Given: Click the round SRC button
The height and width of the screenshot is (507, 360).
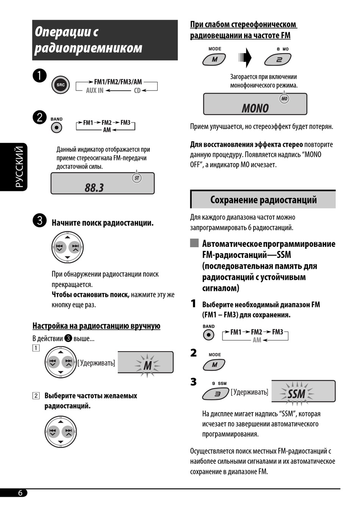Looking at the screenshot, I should (x=61, y=85).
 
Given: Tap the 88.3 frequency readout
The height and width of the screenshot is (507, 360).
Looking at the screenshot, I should (x=94, y=188).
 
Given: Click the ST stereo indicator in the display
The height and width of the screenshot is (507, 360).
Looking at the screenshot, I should (x=137, y=178).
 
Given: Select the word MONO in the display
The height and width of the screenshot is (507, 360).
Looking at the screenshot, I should (x=255, y=108).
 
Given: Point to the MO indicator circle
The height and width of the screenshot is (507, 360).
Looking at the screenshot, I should (x=284, y=99).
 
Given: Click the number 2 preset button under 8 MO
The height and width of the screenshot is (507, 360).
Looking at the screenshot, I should (x=278, y=60).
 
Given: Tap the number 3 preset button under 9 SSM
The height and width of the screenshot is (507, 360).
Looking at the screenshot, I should (x=216, y=394).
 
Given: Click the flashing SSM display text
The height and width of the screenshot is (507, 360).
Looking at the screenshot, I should (x=296, y=394).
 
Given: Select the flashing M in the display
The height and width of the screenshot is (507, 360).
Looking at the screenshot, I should (x=147, y=365).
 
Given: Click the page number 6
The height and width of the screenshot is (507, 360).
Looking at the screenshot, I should (x=20, y=493).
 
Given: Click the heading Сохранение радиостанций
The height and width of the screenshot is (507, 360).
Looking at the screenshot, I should (x=263, y=200).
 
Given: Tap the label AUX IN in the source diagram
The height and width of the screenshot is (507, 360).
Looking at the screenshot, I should (x=95, y=91).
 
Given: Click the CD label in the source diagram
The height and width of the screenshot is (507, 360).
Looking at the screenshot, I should (x=137, y=91).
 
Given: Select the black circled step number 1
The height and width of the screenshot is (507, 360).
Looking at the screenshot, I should (x=39, y=75).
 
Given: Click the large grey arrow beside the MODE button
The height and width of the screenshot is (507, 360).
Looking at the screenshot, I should (x=246, y=58).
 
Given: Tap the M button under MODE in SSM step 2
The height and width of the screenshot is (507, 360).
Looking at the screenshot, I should (x=214, y=365).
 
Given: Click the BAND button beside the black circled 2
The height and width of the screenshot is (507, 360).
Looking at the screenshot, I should (x=56, y=128).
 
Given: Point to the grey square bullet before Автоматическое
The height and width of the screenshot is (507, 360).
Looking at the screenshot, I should (x=194, y=243).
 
